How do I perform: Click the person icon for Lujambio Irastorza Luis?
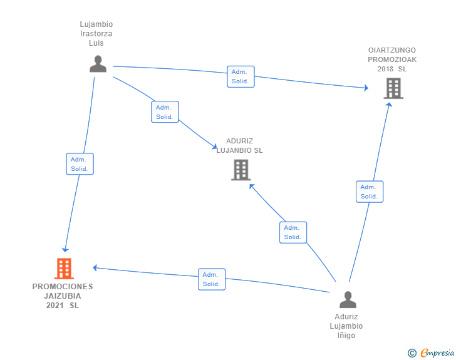[x=98, y=64]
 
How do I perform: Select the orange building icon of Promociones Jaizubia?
[x=64, y=269]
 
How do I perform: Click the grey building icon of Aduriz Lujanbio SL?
[x=241, y=170]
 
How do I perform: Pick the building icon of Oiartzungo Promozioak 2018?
[x=393, y=88]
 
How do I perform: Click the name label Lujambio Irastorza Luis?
[x=96, y=34]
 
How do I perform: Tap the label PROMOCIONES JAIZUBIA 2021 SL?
[x=63, y=296]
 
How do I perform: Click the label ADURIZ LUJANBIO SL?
[x=239, y=146]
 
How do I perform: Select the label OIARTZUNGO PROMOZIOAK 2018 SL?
[x=392, y=59]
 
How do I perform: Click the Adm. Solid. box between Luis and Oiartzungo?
[x=240, y=76]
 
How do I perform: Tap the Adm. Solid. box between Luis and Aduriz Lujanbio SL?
[x=165, y=112]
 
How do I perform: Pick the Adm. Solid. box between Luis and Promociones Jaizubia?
[x=80, y=164]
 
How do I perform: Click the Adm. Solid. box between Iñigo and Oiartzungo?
[x=369, y=192]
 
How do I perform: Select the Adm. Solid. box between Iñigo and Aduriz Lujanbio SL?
[x=293, y=232]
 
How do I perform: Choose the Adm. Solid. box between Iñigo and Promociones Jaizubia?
[x=211, y=279]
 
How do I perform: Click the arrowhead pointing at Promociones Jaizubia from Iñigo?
[x=96, y=267]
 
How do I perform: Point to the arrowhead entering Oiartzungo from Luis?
[x=366, y=88]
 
